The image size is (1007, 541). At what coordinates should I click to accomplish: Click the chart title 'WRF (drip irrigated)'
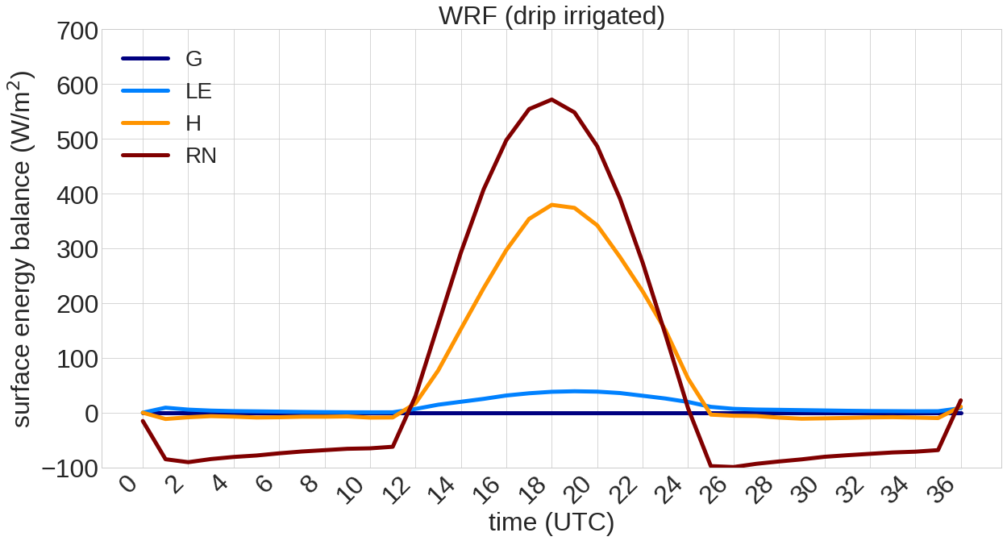tap(551, 15)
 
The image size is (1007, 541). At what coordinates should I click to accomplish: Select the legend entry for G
tap(193, 59)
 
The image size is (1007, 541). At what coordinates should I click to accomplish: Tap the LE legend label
tap(198, 91)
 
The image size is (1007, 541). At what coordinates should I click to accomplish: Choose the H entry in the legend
tap(193, 123)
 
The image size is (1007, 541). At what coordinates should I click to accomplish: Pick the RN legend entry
tap(201, 156)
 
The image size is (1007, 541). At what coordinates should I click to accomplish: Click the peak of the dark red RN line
tap(551, 100)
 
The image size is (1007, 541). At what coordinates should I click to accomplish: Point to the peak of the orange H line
tap(551, 205)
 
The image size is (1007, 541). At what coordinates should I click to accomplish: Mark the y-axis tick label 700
tap(77, 33)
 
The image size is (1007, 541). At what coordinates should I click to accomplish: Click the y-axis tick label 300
tap(77, 249)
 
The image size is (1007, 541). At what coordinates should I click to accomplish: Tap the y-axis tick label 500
tap(77, 140)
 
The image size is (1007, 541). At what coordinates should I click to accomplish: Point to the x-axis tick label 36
tap(949, 489)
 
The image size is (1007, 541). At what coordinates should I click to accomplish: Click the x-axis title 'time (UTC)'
tap(551, 522)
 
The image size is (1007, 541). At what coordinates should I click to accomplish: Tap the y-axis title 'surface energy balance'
tap(23, 249)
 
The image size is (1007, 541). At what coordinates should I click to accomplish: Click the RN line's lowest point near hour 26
tap(733, 467)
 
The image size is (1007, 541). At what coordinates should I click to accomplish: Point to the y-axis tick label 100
tap(77, 359)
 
